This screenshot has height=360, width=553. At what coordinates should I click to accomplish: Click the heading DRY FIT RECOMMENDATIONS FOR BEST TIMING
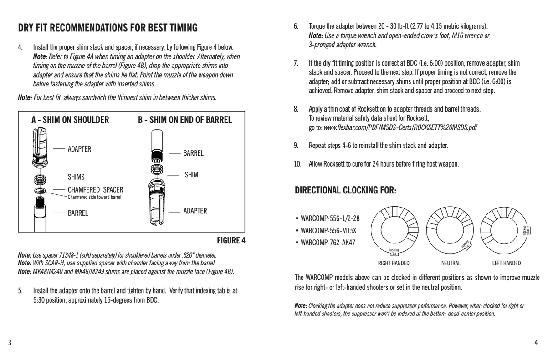[108, 28]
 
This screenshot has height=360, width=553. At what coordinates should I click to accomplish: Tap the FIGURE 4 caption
[231, 241]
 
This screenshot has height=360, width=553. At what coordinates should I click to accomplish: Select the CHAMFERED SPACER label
[95, 189]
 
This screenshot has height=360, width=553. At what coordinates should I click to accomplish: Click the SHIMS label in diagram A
[76, 177]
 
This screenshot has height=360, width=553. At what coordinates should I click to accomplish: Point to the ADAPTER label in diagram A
[79, 149]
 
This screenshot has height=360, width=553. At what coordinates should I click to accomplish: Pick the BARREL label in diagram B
[193, 153]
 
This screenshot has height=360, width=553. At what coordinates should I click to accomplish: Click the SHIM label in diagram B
[191, 175]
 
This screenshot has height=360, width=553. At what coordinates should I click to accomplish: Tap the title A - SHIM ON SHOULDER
[70, 120]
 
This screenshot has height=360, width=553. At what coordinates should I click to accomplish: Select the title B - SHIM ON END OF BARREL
[185, 120]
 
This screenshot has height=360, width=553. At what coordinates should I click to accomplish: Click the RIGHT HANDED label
[394, 263]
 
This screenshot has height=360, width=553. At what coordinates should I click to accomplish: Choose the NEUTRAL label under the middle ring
[451, 263]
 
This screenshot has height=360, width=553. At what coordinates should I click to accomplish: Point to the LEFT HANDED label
[506, 263]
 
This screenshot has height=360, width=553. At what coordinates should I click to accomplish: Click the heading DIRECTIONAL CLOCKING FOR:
[345, 190]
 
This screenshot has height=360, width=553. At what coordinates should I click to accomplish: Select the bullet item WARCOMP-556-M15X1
[330, 230]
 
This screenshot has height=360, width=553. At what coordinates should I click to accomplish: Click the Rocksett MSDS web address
[400, 127]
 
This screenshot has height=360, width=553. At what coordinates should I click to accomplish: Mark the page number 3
[9, 342]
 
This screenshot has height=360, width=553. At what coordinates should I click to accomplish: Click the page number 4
[536, 342]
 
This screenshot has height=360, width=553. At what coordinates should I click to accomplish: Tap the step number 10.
[298, 164]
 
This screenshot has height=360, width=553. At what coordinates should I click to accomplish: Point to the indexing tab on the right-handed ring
[394, 252]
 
